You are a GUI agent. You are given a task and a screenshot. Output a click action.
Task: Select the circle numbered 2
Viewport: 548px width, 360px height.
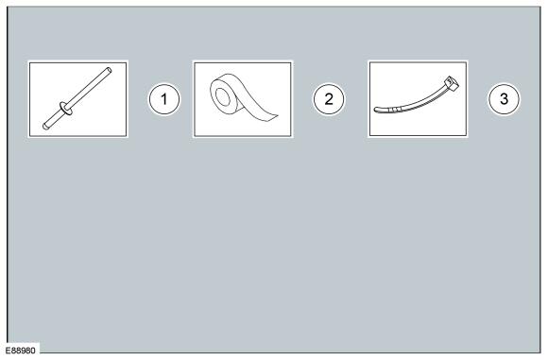pos(329,99)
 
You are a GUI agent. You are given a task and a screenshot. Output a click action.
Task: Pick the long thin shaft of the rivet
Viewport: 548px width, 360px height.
pos(89,88)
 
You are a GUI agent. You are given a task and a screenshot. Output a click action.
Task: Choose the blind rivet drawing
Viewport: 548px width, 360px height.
pos(79,98)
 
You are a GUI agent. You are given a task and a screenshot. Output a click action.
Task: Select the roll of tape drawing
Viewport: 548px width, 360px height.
pos(243,98)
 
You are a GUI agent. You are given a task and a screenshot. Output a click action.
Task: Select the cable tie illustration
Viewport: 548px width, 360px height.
pos(418,98)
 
